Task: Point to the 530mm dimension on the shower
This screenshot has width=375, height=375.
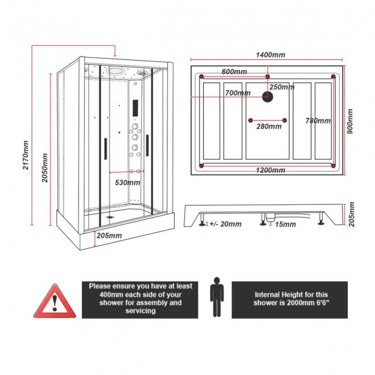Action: coord(126,182)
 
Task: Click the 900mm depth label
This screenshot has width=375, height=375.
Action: coord(350,122)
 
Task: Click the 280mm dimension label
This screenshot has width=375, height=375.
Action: coord(269,127)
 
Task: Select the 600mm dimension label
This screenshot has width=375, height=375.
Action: coord(234,72)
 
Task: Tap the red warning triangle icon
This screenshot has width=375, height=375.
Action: coord(55,301)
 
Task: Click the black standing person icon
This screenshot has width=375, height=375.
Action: coord(216,297)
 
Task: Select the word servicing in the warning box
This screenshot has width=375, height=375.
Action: coord(140,310)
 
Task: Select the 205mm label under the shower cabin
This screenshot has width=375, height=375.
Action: coord(110,235)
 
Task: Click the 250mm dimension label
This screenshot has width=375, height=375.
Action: coord(282,87)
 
